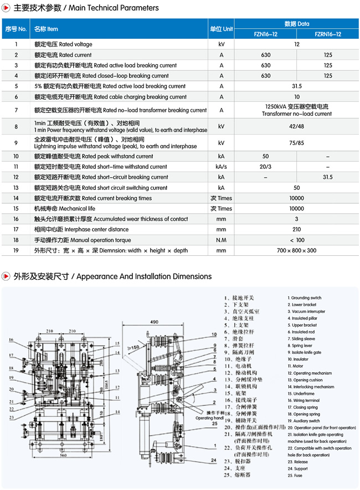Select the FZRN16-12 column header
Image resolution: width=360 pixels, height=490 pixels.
click(x=328, y=34)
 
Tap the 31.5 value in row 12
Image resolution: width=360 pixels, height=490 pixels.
click(x=328, y=177)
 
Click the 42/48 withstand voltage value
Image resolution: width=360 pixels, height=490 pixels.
click(x=297, y=126)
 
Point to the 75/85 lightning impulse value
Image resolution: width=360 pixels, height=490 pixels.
click(x=297, y=142)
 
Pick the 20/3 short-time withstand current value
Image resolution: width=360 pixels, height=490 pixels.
click(x=266, y=167)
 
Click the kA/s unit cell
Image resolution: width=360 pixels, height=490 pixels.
click(x=222, y=167)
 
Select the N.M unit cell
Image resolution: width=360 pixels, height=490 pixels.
click(x=222, y=240)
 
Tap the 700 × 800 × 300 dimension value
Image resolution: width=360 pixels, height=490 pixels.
click(x=297, y=251)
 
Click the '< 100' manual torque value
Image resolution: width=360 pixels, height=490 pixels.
click(x=297, y=240)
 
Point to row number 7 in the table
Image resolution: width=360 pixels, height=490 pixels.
click(x=16, y=110)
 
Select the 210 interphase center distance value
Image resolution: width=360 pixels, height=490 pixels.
click(x=297, y=230)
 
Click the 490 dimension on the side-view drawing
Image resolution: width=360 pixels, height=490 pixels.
click(x=155, y=321)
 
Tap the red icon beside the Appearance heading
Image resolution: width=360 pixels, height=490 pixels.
click(x=6, y=276)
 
